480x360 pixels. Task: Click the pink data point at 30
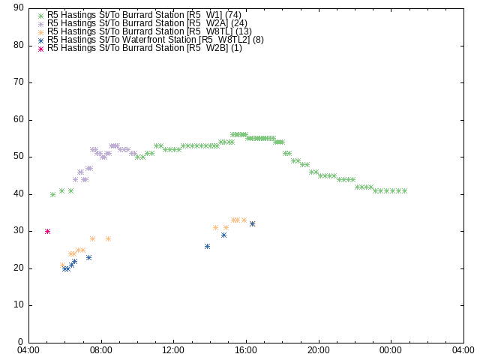coord(47,232)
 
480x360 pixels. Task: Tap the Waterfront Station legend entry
coord(151,40)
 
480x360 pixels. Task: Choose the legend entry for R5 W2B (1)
coord(140,48)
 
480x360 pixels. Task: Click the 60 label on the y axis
coord(19,120)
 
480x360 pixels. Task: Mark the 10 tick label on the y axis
coord(19,305)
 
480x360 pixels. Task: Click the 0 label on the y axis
coord(21,342)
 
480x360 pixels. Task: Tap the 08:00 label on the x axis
coord(101,350)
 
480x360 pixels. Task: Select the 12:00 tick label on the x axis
coord(173,350)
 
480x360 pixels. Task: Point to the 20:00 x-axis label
coord(319,350)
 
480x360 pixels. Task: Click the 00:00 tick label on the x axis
coord(391,350)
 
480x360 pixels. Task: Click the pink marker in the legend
coord(41,49)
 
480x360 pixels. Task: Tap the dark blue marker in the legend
coord(41,40)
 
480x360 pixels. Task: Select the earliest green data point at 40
coord(53,195)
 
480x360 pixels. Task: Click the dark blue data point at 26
coord(207,247)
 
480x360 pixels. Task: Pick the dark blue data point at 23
coord(88,258)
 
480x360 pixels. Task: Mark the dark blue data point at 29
coord(223,235)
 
